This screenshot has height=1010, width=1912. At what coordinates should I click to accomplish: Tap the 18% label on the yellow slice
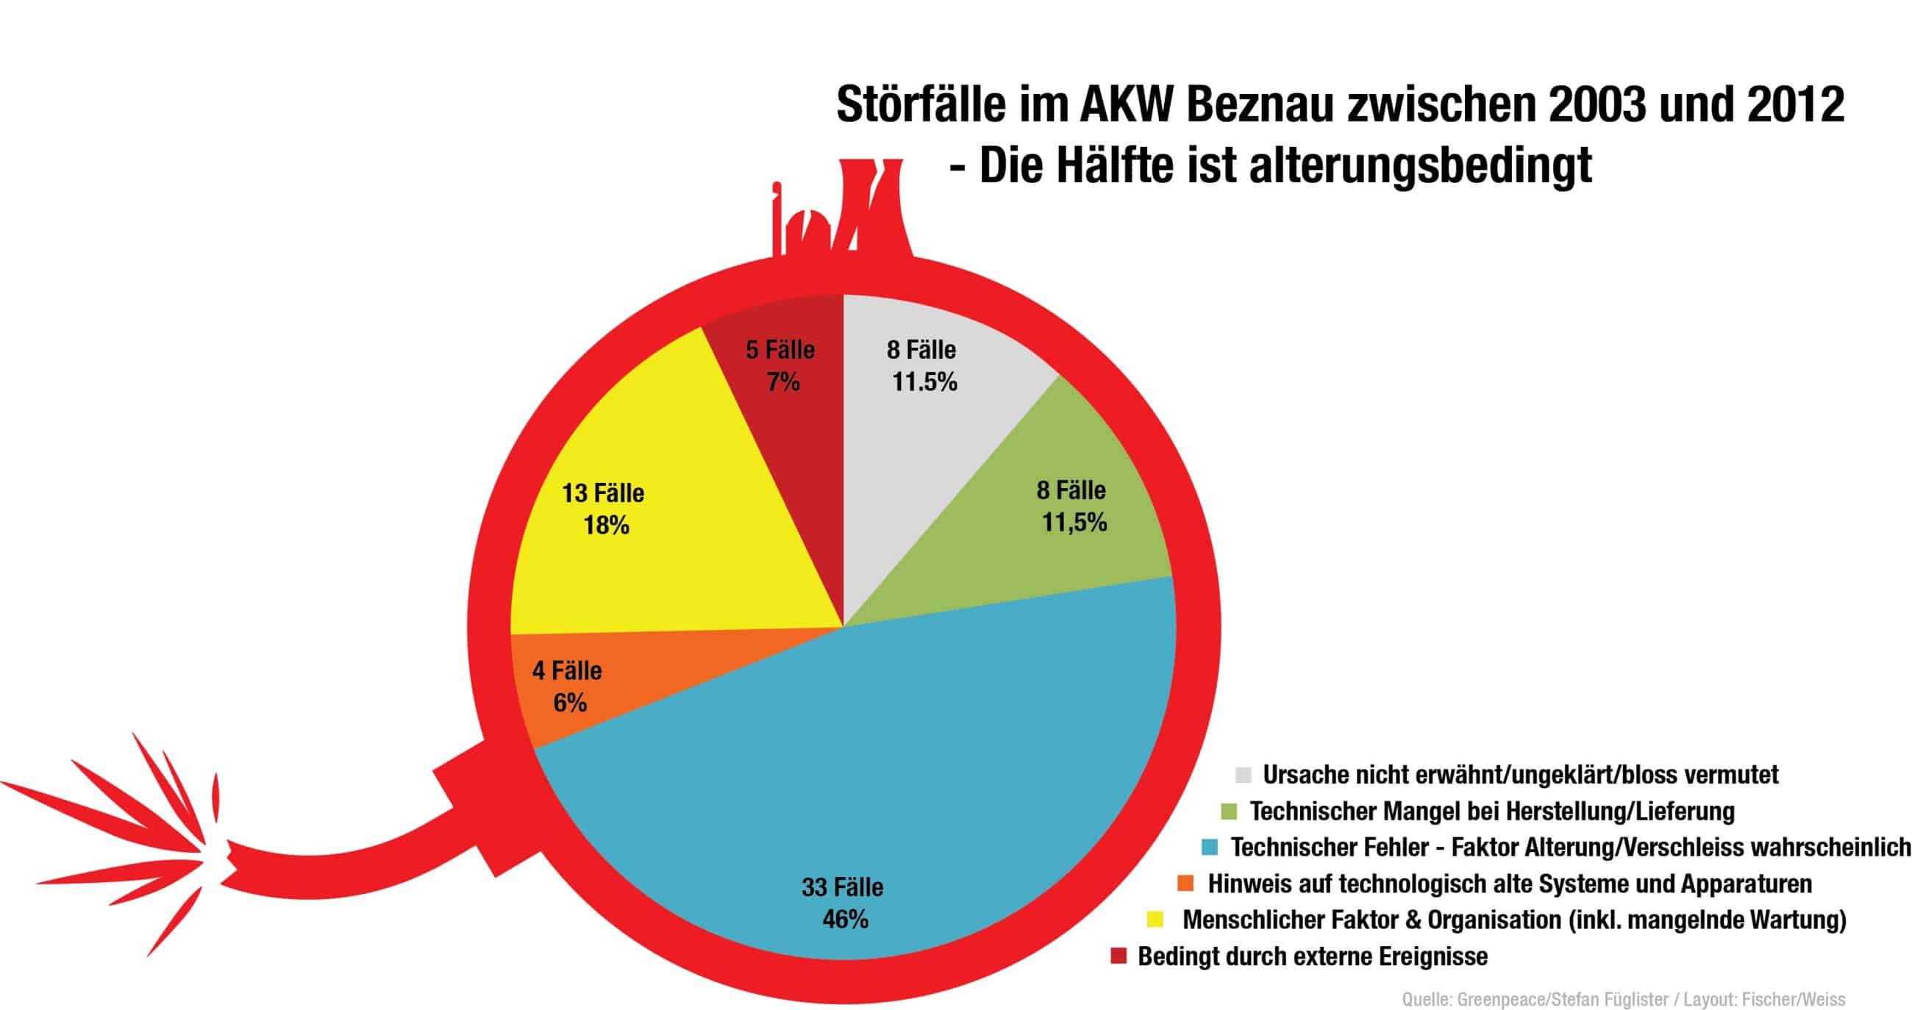[606, 526]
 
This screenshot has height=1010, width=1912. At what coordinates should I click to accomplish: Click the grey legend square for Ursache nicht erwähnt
[1243, 775]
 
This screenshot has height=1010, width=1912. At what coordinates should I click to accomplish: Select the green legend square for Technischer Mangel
[1229, 811]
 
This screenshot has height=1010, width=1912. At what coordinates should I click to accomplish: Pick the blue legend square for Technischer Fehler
[1210, 847]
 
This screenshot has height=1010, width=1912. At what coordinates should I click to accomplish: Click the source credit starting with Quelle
[1622, 1000]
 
